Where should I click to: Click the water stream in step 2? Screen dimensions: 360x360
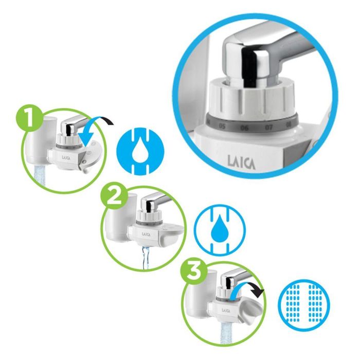[x=145, y=257]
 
